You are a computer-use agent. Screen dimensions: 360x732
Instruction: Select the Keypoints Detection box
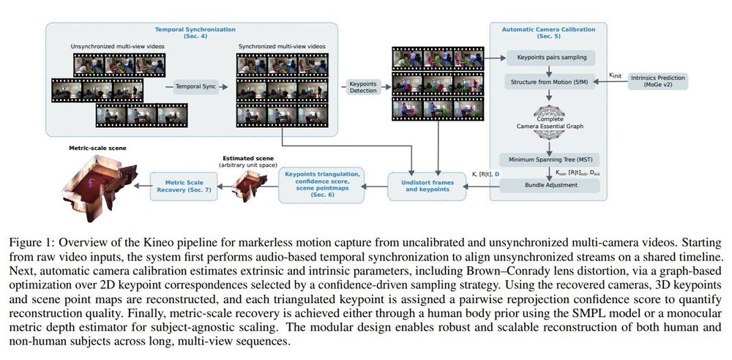(362, 86)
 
